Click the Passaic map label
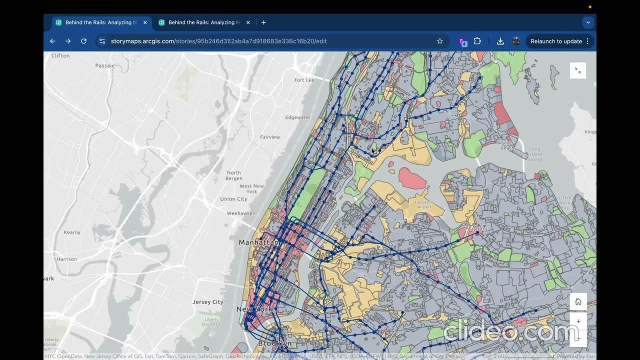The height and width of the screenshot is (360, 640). (105, 65)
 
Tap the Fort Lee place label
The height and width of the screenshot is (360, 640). (304, 80)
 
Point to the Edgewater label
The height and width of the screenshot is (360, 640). (297, 117)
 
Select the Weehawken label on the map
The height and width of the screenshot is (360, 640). (241, 213)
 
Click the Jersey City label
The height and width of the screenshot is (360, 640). (208, 302)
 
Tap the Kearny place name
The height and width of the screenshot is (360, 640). (72, 232)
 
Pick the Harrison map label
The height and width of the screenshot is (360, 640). (67, 259)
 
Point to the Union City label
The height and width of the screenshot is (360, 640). (234, 199)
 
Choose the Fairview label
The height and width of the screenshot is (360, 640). (270, 137)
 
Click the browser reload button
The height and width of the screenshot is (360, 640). (83, 41)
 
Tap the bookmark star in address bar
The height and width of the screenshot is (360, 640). (439, 41)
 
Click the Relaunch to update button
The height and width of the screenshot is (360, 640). (556, 41)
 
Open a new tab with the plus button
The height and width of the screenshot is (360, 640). (263, 22)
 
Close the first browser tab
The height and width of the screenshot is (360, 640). (145, 22)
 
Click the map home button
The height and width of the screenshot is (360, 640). (578, 301)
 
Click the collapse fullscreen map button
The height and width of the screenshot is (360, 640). (577, 70)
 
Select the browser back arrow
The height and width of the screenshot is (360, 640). (52, 41)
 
